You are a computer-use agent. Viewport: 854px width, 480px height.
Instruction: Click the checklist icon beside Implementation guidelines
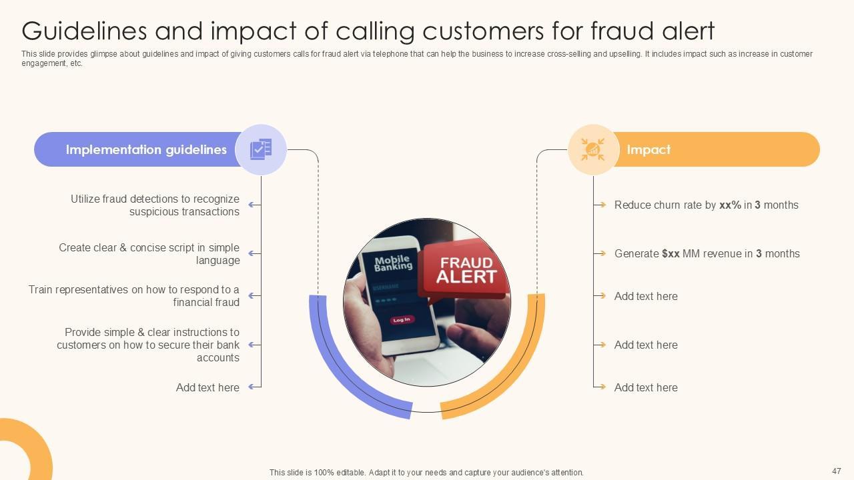click(261, 149)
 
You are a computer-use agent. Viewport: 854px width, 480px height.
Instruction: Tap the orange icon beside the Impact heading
click(592, 149)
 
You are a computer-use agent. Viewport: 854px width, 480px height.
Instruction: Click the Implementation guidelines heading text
click(146, 150)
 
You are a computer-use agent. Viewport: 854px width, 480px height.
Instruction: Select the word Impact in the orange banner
click(649, 150)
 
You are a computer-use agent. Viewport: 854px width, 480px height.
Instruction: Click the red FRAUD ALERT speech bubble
click(465, 269)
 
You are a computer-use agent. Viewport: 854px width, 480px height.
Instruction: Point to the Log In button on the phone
click(402, 320)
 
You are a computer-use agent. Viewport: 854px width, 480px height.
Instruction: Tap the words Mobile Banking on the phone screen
click(393, 263)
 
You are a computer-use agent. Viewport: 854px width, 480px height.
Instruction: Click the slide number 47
click(837, 471)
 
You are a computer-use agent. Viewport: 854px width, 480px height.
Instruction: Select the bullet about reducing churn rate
click(706, 205)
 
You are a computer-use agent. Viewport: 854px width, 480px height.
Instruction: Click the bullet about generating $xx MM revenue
click(707, 254)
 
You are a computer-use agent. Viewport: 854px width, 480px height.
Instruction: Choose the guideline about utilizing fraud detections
click(155, 205)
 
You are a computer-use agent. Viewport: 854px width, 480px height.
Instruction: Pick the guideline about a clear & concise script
click(149, 254)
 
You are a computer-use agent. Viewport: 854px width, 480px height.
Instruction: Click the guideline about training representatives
click(133, 296)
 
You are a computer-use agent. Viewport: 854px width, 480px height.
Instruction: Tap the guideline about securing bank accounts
click(148, 345)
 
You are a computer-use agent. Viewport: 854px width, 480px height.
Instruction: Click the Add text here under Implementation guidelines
click(207, 387)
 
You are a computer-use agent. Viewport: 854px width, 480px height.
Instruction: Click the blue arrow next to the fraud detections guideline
click(254, 205)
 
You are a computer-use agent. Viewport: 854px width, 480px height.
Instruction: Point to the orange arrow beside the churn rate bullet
click(601, 205)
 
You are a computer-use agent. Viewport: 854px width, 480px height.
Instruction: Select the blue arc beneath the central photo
click(347, 373)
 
